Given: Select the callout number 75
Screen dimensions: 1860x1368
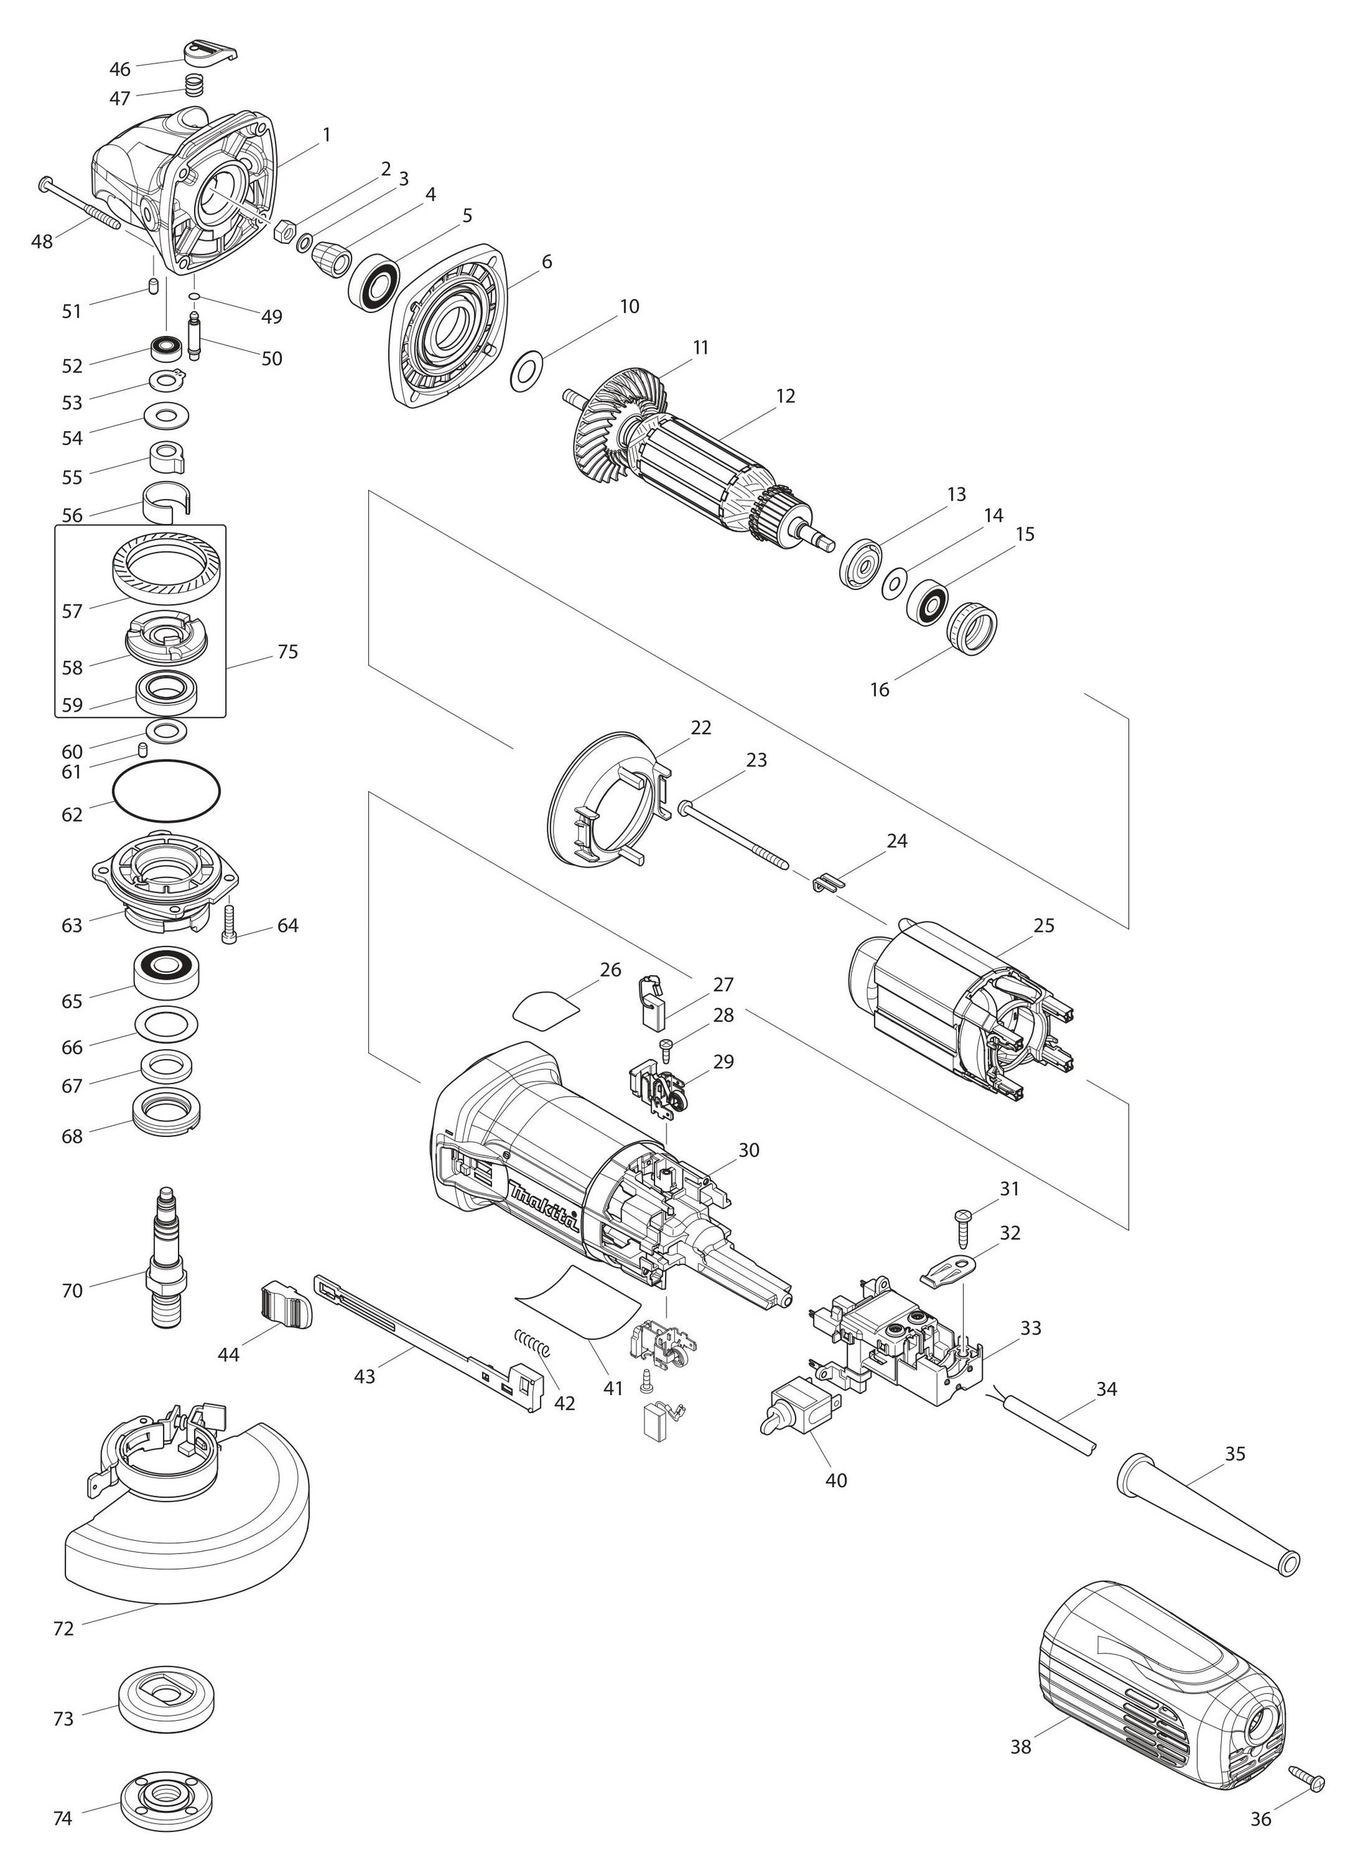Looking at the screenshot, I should pyautogui.click(x=288, y=652).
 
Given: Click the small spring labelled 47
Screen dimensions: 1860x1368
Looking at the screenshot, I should pyautogui.click(x=194, y=84).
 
